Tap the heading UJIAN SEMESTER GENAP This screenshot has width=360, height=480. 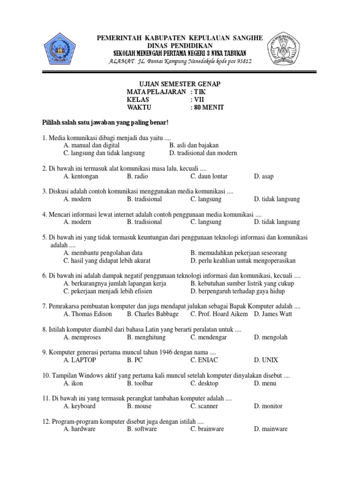(x=177, y=84)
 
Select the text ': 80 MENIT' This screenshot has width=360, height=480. (x=207, y=108)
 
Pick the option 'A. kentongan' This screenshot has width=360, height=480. (x=80, y=176)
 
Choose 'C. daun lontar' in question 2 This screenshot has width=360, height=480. (x=209, y=176)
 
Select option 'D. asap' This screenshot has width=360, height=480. (x=263, y=176)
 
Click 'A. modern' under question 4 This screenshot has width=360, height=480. (x=77, y=222)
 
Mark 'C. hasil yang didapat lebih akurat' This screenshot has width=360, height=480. (x=107, y=261)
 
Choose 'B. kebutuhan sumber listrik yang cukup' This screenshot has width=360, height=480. (x=242, y=284)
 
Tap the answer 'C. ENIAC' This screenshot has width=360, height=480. (x=204, y=360)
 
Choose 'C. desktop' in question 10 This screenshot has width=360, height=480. (x=204, y=383)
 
